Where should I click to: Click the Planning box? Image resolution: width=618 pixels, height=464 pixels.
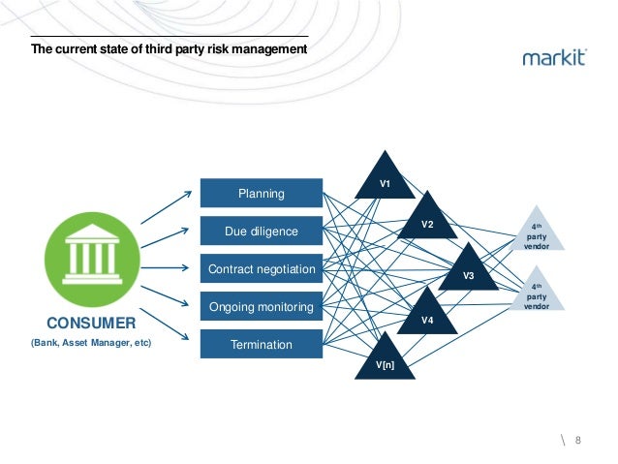coord(261,194)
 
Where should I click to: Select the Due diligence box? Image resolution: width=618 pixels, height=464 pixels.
coord(261,232)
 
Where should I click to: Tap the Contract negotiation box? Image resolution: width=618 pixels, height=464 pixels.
coord(261,268)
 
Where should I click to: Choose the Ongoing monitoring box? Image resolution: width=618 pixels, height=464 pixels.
coord(261,307)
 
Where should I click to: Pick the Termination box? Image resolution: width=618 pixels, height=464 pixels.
coord(261,344)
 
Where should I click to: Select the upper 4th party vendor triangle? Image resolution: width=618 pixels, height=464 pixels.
coord(537,233)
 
